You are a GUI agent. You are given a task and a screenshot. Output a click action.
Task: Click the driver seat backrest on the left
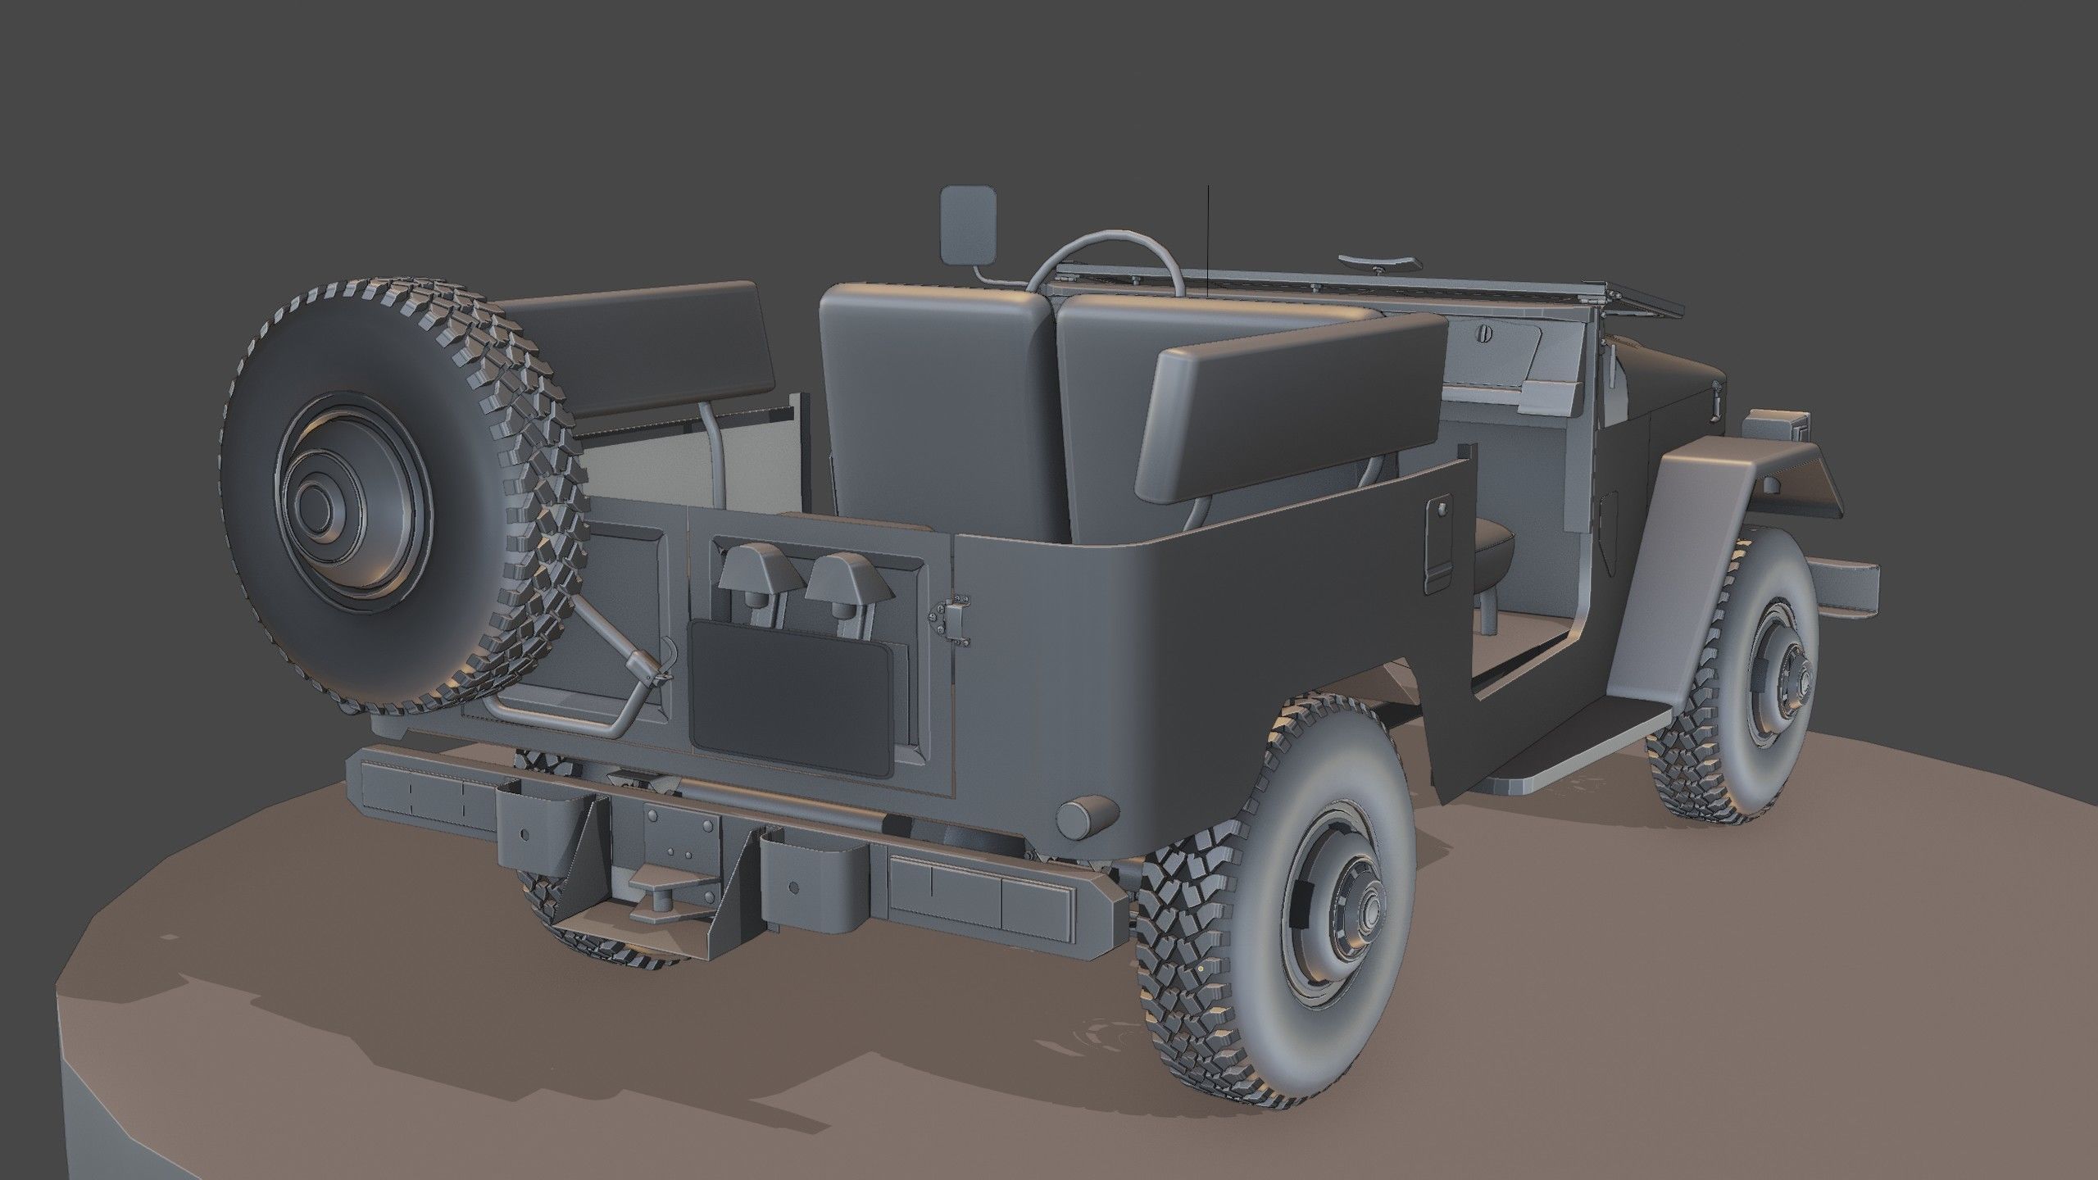pos(934,385)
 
